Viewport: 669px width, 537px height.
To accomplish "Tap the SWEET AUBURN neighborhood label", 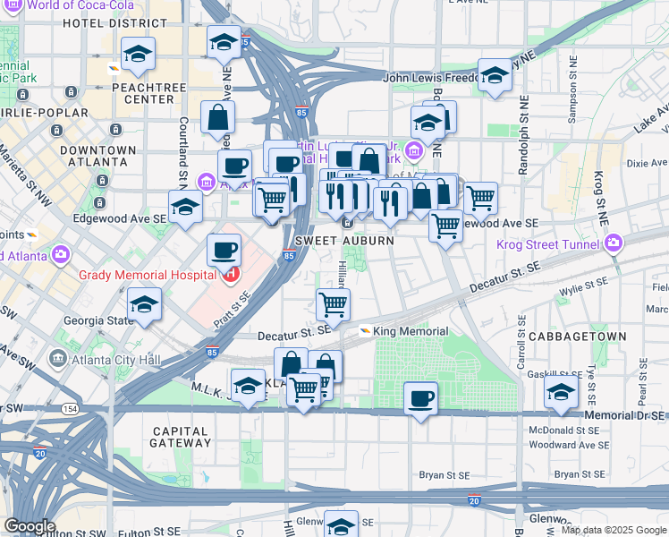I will click(334, 242).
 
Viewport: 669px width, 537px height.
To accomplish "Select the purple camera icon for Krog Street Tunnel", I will click(613, 243).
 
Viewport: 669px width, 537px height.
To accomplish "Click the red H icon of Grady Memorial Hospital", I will click(230, 273).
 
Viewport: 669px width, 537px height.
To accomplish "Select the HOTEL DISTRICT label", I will click(95, 22).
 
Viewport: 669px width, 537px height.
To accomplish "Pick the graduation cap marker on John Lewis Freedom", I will click(494, 75).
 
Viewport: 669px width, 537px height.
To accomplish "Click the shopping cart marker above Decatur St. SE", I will click(334, 304).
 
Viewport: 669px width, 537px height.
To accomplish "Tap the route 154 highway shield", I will click(69, 408).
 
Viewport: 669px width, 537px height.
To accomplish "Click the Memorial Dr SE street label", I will click(624, 415).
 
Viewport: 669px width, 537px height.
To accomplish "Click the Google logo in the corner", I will click(30, 526).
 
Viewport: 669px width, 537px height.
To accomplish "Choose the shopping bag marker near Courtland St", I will click(217, 116).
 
